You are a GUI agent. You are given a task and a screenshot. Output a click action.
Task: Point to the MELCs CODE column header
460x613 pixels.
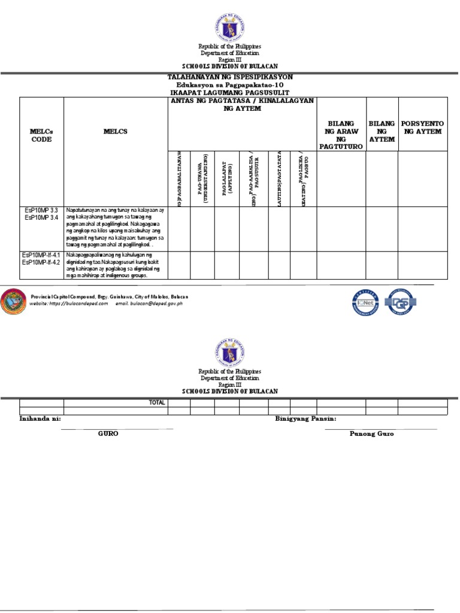(41, 135)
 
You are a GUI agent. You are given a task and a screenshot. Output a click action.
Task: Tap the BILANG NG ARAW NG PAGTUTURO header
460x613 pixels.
(341, 135)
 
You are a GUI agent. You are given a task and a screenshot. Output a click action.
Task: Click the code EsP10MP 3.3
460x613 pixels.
(41, 211)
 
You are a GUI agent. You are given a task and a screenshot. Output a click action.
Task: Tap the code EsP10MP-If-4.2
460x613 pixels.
(41, 262)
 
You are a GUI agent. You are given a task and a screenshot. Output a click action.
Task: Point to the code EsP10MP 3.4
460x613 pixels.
(41, 219)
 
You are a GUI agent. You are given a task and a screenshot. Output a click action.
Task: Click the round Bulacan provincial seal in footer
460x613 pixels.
(13, 301)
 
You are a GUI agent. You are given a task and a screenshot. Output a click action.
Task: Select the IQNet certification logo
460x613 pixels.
(365, 302)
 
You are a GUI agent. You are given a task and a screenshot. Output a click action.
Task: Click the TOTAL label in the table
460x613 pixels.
(157, 403)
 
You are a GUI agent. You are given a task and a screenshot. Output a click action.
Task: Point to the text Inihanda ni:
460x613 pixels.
(41, 418)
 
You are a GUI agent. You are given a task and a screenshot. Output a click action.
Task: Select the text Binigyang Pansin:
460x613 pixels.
(305, 418)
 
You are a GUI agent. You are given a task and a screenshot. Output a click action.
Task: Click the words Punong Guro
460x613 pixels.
(371, 433)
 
